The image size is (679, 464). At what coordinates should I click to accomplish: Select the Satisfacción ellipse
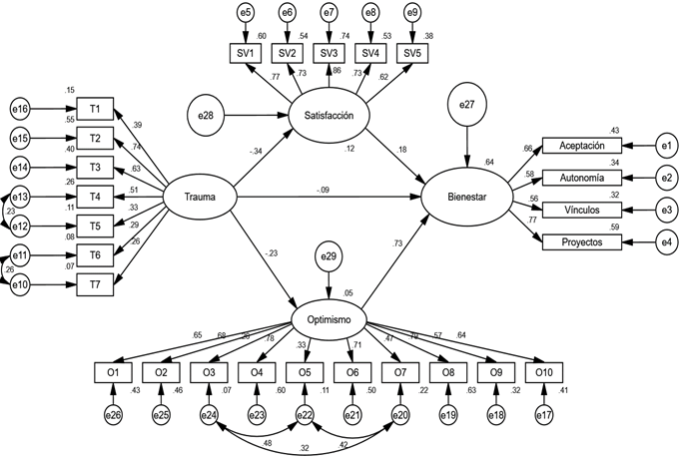click(330, 116)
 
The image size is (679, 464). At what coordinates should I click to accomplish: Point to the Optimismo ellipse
click(331, 320)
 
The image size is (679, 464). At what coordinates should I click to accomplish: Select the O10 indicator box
click(544, 373)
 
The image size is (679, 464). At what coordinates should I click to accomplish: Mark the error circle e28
click(206, 117)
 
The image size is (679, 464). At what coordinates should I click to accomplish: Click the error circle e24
click(209, 413)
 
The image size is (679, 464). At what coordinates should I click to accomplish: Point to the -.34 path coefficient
click(257, 152)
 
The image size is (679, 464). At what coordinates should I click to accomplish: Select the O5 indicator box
click(305, 373)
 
